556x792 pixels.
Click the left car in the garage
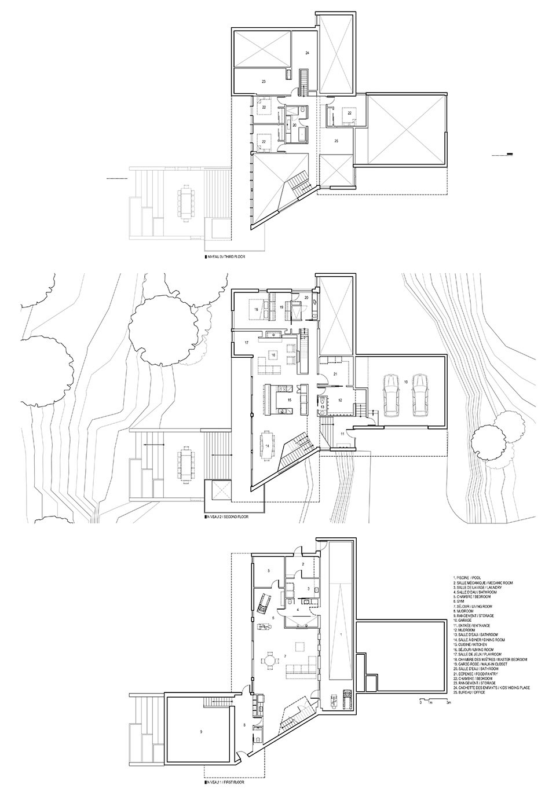(393, 395)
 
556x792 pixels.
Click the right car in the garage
(420, 395)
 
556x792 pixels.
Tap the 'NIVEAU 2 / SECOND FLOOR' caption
(227, 516)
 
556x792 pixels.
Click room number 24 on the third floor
(307, 53)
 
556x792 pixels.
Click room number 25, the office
(336, 140)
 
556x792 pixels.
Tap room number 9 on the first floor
(200, 732)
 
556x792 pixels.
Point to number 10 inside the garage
(405, 382)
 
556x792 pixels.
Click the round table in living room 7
(270, 660)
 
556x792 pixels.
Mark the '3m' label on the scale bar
(448, 702)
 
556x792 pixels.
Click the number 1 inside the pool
(341, 635)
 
